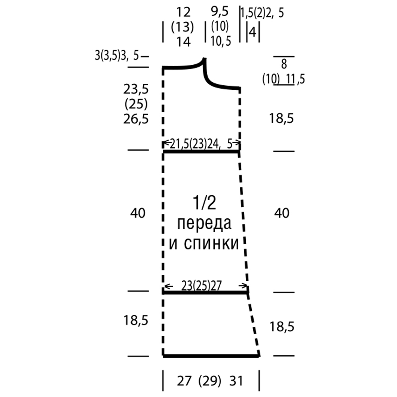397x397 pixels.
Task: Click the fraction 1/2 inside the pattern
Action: tap(204, 202)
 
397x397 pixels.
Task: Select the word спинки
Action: tap(212, 243)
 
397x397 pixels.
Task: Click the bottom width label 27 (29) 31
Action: tap(210, 381)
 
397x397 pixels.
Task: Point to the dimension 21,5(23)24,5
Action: tap(201, 144)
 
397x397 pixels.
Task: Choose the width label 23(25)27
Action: tap(202, 286)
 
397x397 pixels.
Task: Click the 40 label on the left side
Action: tap(138, 213)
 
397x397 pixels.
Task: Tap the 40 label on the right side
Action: tap(281, 213)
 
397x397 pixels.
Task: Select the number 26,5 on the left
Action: tap(136, 119)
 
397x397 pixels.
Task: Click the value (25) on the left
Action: tap(136, 104)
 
